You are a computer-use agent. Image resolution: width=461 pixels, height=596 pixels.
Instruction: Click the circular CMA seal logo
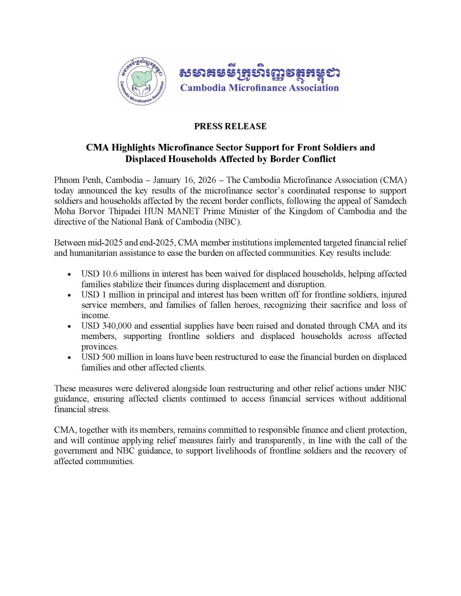[x=142, y=81]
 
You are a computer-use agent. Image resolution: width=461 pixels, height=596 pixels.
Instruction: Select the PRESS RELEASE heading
[x=230, y=126]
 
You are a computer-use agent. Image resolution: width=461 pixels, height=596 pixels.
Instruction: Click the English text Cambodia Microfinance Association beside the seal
[x=259, y=88]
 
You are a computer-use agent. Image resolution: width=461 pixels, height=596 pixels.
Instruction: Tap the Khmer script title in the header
[x=259, y=73]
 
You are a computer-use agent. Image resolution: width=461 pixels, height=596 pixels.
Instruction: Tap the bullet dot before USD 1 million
[x=69, y=295]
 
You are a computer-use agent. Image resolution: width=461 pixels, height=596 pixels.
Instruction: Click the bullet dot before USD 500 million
[x=69, y=358]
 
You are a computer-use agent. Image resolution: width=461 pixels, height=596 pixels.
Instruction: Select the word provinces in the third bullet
[x=100, y=347]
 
